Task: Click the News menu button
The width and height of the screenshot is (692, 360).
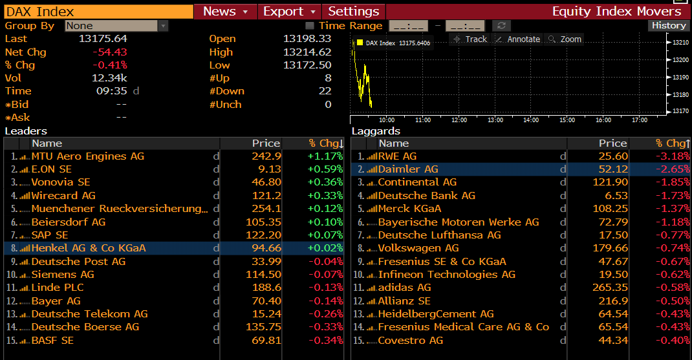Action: [x=225, y=12]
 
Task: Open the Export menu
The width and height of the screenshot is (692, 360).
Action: [x=289, y=12]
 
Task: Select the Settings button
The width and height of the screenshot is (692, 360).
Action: [x=353, y=12]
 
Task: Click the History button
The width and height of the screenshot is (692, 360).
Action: [x=669, y=26]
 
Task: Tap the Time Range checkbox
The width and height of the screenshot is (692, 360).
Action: [x=310, y=26]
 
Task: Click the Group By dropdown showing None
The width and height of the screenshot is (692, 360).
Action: [x=116, y=26]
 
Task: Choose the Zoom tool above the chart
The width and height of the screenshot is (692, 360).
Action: [x=565, y=39]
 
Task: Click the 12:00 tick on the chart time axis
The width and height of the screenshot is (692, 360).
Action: [x=459, y=120]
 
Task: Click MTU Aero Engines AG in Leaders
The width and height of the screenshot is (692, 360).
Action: [x=88, y=156]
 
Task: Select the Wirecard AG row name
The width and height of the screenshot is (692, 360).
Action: [x=63, y=196]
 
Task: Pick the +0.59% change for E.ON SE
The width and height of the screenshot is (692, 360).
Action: [x=325, y=169]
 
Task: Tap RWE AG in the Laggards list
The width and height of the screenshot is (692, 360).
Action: [x=397, y=156]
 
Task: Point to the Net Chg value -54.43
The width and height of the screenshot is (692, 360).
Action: [x=109, y=52]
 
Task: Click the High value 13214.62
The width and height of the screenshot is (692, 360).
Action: [x=307, y=52]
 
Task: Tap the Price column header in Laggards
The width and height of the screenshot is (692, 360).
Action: [x=612, y=143]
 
